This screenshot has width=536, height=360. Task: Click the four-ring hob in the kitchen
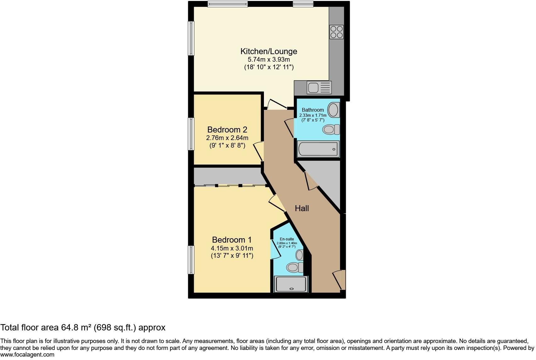coord(336,32)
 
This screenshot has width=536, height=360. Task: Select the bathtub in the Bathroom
coord(318,149)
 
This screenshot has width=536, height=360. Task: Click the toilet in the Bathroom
coord(331,129)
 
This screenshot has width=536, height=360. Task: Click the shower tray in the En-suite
coord(291,284)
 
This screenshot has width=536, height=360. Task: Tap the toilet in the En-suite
coord(294,267)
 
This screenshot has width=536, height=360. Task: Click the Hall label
coord(302,208)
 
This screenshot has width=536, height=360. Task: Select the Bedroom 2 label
coord(227,130)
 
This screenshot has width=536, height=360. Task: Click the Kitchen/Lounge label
coord(269,51)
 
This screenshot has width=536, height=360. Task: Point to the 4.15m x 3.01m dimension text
coord(232,248)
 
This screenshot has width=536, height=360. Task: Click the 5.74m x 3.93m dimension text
coord(269,59)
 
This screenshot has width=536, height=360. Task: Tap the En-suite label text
coord(287,239)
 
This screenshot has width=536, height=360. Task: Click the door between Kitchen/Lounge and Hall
coord(277,104)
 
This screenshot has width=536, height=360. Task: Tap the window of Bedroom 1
coord(191,260)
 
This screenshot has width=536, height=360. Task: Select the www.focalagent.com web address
coord(27,355)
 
